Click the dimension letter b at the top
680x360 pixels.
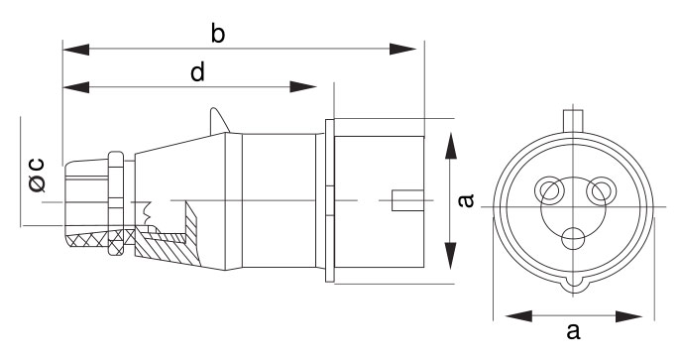coord(218,34)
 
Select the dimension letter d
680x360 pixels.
coord(198,72)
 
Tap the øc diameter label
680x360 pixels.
coord(38,175)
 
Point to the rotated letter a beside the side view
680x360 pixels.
coord(466,200)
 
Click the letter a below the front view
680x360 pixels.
coord(573,331)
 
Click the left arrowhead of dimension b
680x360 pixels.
coord(76,49)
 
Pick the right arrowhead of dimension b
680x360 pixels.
coord(402,49)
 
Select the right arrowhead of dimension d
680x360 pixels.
coord(303,86)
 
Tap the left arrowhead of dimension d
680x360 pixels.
coord(76,86)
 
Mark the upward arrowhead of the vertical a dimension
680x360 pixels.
coord(451,147)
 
